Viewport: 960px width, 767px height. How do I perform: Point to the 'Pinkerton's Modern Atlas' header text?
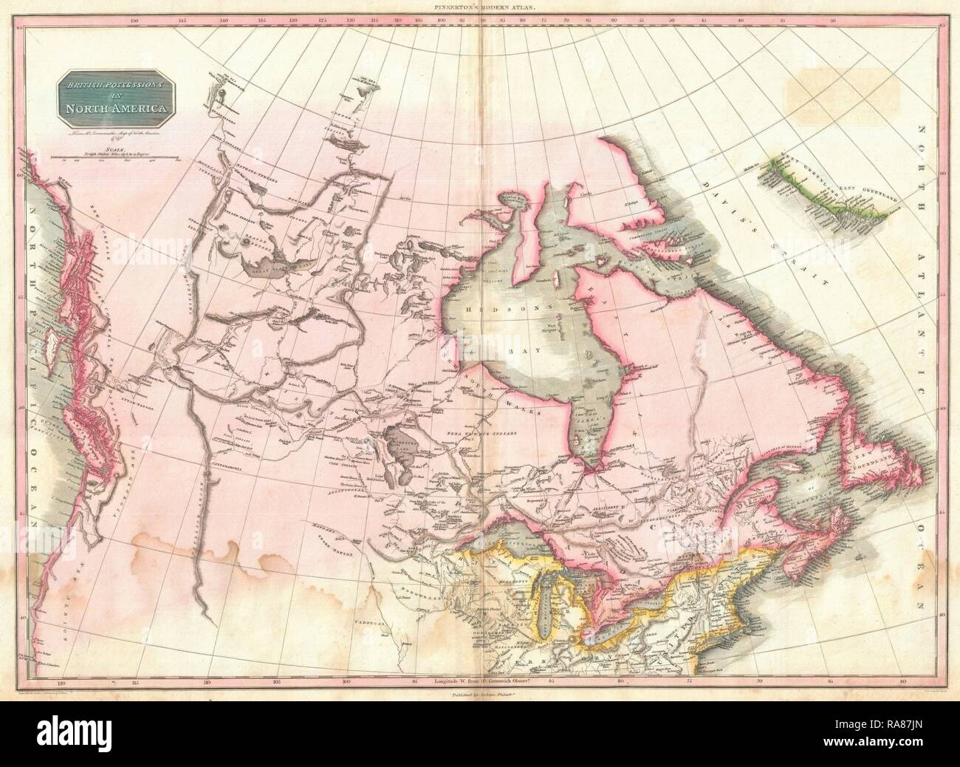480,6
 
